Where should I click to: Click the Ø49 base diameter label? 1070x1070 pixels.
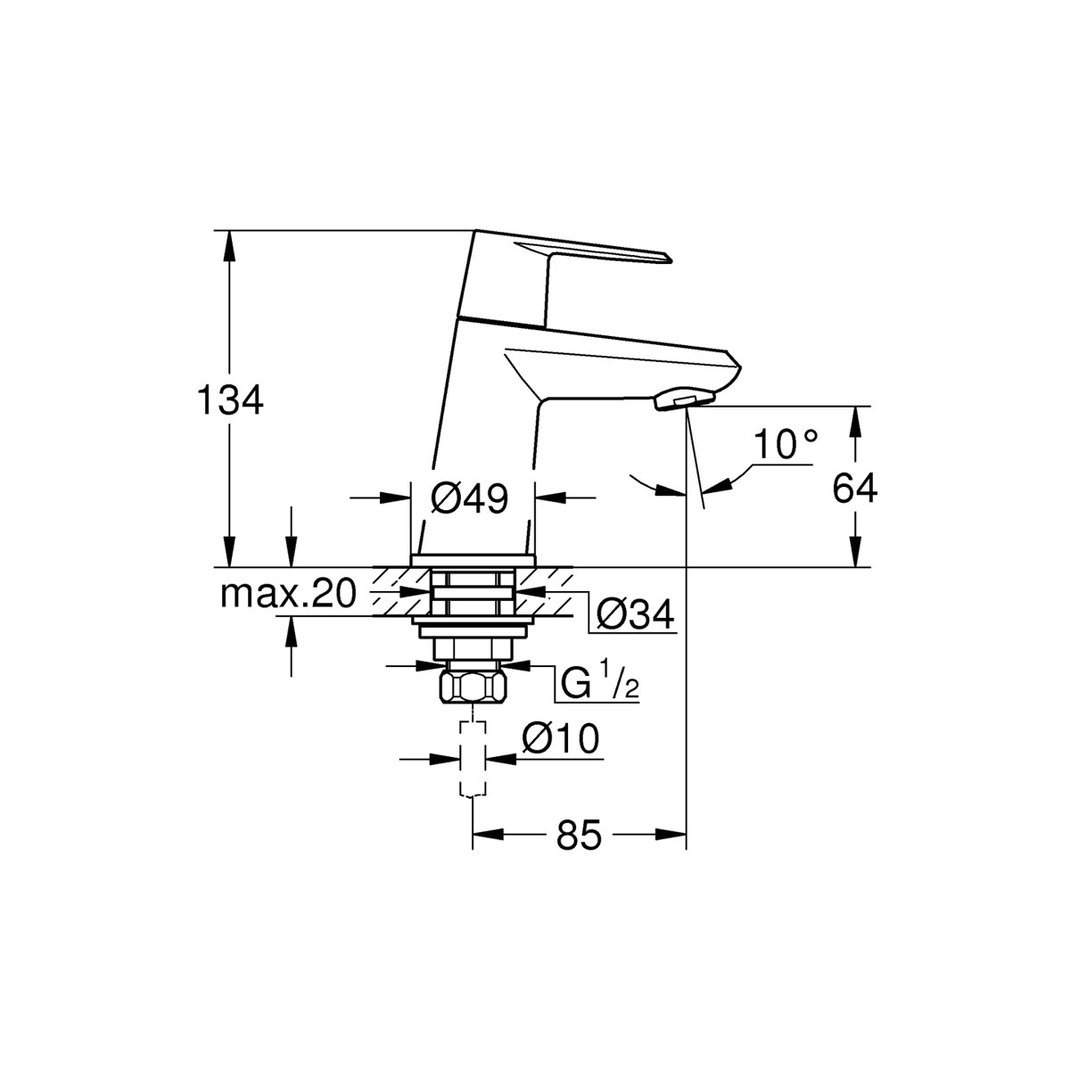[470, 498]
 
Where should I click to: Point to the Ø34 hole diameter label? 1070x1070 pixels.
[634, 614]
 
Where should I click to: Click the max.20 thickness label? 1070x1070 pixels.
[288, 592]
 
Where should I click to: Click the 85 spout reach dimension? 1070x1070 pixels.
[579, 835]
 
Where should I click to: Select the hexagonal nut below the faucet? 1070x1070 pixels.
[473, 687]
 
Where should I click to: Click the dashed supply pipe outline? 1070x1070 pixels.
[472, 758]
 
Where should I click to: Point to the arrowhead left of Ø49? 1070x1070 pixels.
[398, 498]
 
